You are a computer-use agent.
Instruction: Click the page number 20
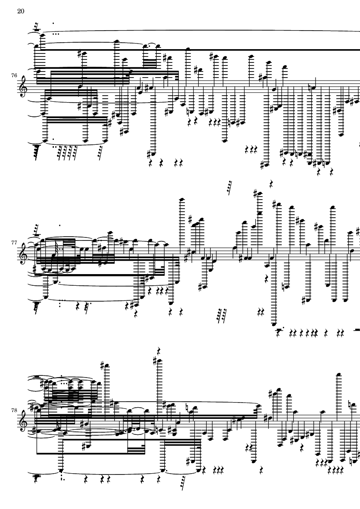click(20, 12)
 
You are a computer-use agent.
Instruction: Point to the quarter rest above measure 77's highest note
click(271, 183)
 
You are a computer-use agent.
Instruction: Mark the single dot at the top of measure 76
click(53, 23)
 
